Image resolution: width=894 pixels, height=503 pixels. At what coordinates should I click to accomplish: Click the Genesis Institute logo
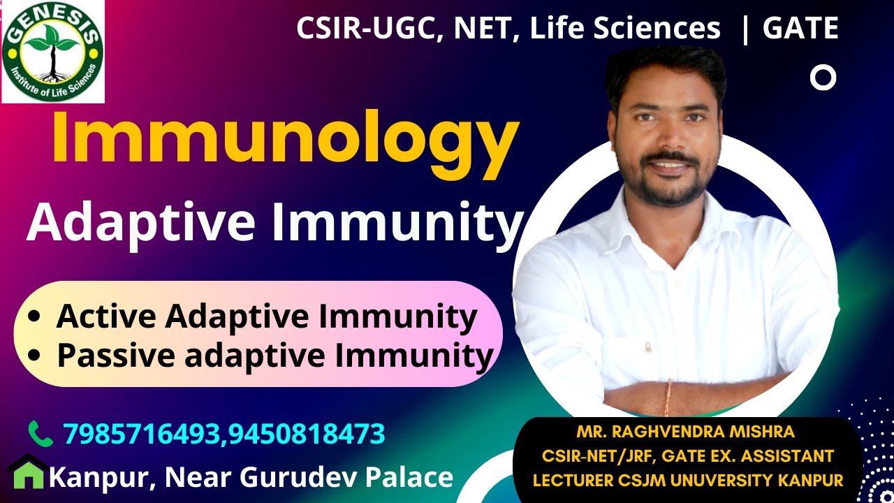click(x=53, y=52)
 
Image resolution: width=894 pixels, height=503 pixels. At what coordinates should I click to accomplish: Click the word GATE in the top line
click(x=800, y=29)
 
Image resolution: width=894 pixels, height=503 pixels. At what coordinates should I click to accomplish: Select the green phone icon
click(x=40, y=434)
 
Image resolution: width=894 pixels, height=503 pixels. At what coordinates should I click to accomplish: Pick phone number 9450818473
click(x=306, y=434)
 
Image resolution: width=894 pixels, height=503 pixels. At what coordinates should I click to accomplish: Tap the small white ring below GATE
click(x=823, y=78)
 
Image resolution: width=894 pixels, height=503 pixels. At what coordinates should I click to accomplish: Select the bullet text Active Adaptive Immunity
click(x=266, y=316)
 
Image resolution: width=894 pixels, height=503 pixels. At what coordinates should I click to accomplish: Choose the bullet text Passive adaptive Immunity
click(x=274, y=355)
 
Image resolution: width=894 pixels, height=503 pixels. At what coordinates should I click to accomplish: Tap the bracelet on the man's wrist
click(x=668, y=396)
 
